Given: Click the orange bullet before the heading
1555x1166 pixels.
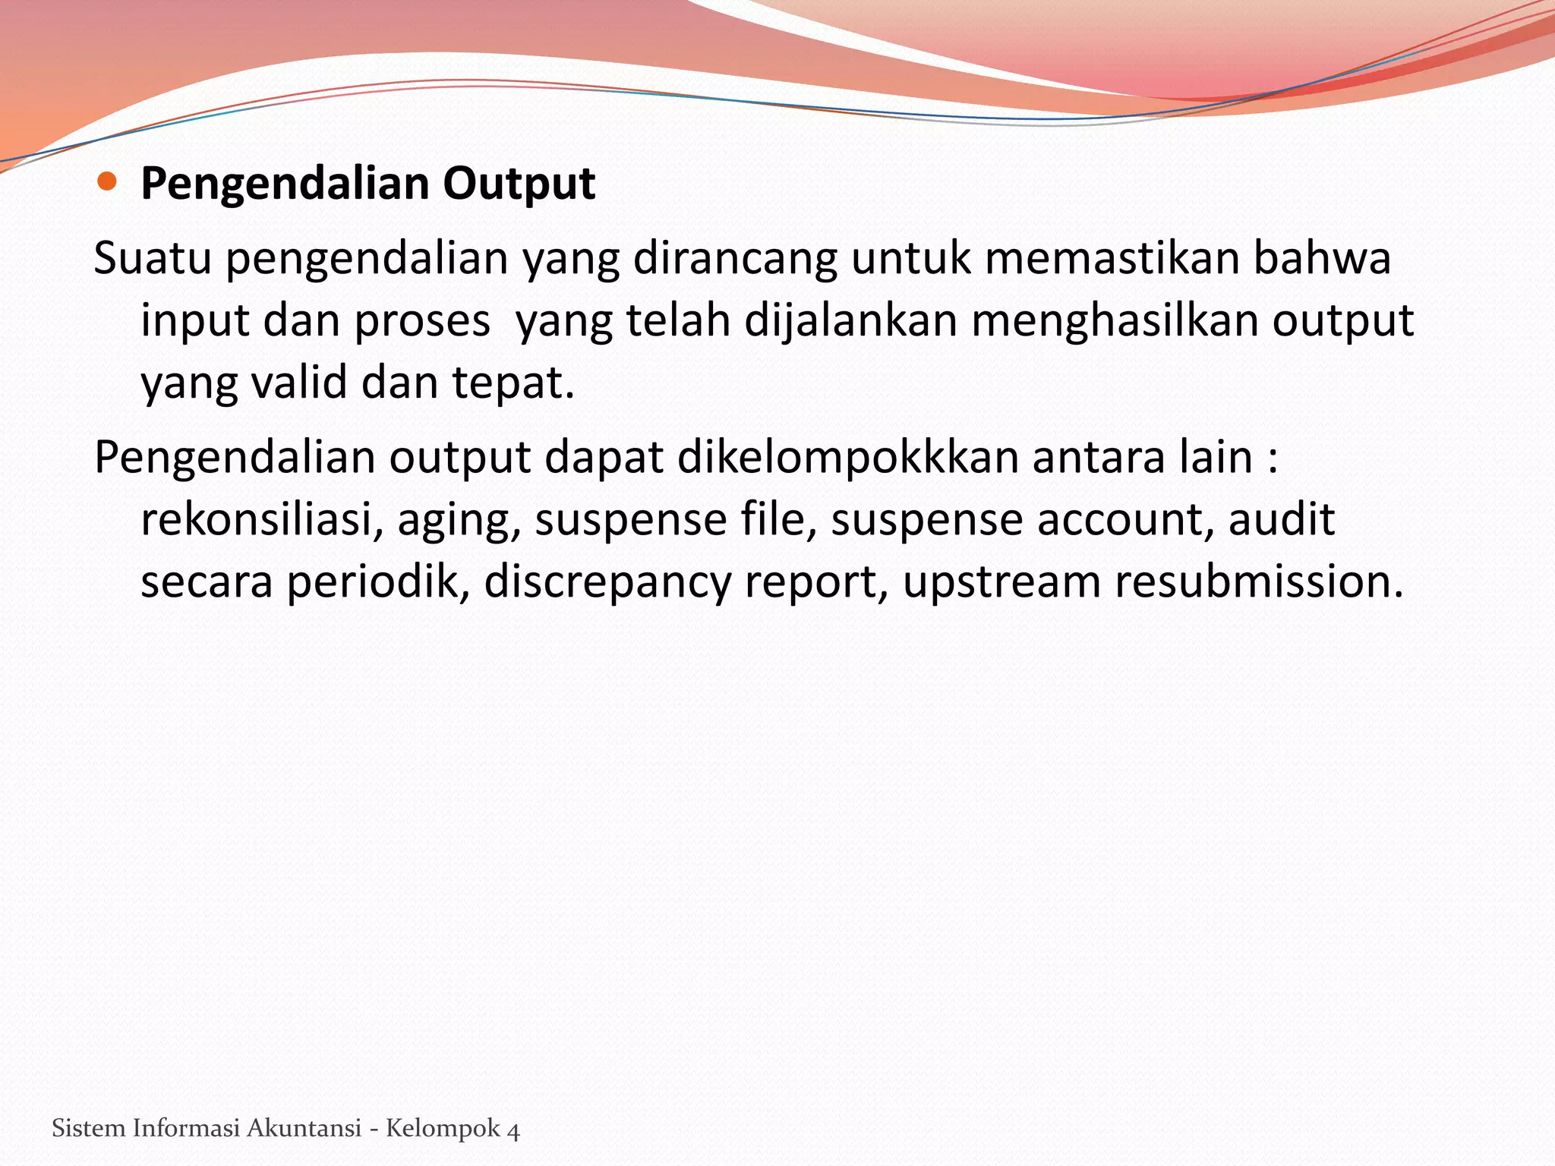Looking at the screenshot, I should (107, 181).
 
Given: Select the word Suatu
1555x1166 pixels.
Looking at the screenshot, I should (152, 258).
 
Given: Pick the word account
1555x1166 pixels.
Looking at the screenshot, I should (1125, 521).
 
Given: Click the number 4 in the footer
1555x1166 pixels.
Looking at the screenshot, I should (513, 1130).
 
